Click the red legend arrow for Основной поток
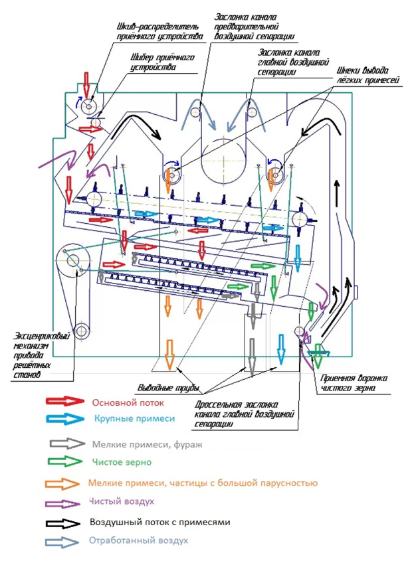[65, 401]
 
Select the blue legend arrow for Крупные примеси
[65, 419]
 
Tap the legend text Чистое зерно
[122, 462]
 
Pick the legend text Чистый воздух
[122, 501]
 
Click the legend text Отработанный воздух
[138, 540]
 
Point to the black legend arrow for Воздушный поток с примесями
[62, 523]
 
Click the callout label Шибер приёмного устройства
[162, 62]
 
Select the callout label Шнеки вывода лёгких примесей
[367, 75]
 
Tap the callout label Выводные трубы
[169, 388]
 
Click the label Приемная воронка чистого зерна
[354, 383]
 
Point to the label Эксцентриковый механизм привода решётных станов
[41, 355]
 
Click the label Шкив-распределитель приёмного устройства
[159, 32]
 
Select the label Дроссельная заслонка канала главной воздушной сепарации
[244, 414]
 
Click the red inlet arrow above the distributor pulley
[86, 84]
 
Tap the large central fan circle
[223, 161]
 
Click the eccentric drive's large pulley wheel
[72, 260]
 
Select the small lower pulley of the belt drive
[82, 331]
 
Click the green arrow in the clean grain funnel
[318, 356]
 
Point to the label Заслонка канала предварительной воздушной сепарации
[254, 27]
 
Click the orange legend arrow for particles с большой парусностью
[62, 483]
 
